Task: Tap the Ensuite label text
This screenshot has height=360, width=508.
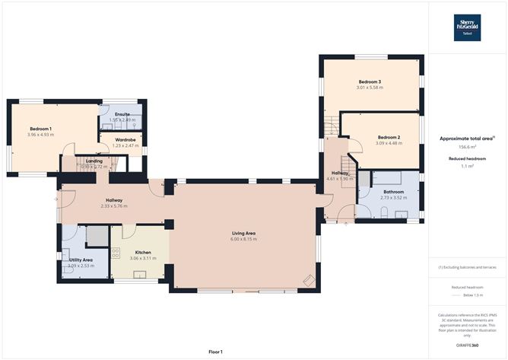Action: point(122,114)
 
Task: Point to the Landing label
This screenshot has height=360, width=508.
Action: point(94,161)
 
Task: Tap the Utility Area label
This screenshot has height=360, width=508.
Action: point(80,260)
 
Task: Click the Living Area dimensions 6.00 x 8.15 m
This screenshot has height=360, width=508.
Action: point(243,239)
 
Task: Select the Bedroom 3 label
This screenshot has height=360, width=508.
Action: point(370,81)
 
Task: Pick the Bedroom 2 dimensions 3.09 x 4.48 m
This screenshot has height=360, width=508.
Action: point(389,143)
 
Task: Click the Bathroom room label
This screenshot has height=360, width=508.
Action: point(393,192)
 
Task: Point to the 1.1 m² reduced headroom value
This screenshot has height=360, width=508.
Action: point(467,166)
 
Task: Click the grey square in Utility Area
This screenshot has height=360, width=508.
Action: point(97,237)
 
